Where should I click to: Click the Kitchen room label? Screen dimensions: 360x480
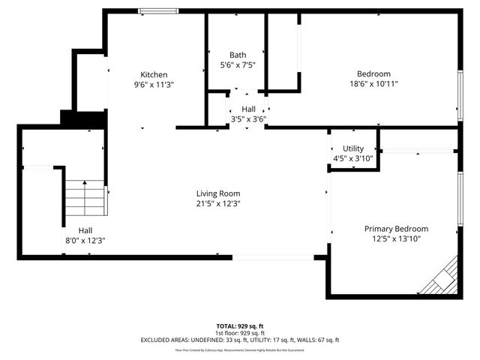(154, 74)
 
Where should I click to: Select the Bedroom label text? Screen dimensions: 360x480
(373, 73)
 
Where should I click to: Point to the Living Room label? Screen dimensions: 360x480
(218, 193)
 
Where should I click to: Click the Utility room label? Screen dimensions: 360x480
(352, 148)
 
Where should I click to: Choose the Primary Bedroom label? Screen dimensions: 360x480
(396, 229)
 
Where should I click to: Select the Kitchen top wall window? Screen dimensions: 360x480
(157, 10)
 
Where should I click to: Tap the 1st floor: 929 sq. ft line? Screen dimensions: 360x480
(239, 333)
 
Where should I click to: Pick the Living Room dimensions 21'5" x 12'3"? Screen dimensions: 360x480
(218, 203)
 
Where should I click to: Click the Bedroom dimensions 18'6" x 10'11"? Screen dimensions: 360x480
(373, 84)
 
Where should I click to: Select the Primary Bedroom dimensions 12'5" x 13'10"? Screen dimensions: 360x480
(396, 239)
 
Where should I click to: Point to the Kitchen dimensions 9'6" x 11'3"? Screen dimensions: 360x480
(154, 85)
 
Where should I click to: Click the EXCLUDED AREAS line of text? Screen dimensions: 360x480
(239, 340)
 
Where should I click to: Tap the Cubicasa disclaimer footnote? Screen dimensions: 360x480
(239, 349)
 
